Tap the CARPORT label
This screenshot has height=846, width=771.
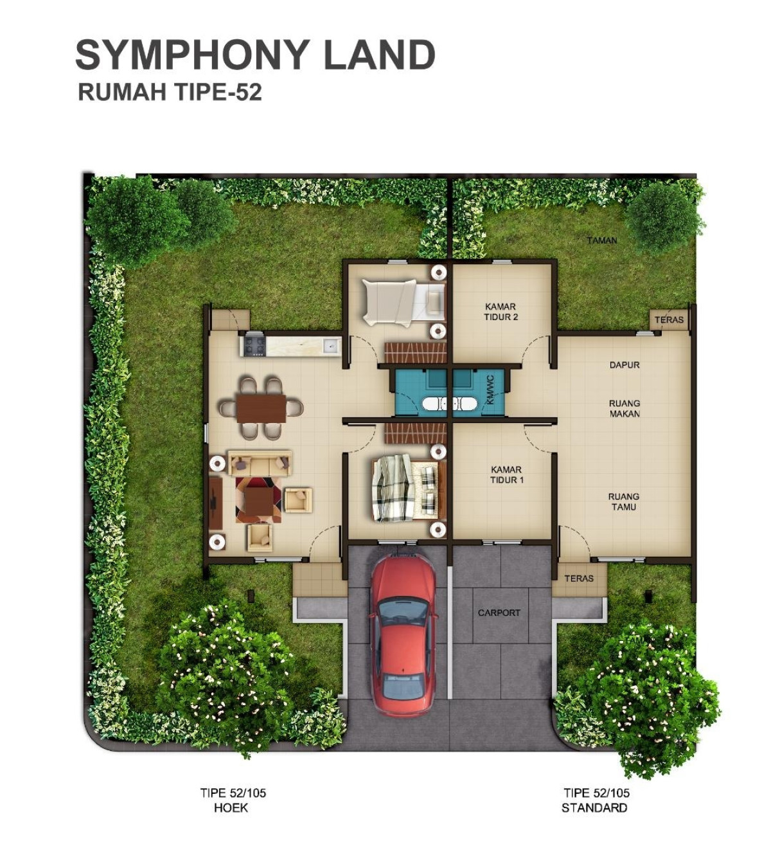click(499, 613)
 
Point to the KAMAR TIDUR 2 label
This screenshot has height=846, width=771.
click(501, 312)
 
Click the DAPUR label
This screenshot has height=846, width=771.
click(625, 364)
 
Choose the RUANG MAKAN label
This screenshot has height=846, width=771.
click(625, 409)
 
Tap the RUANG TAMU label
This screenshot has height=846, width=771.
click(624, 502)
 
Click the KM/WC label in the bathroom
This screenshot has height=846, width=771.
click(490, 390)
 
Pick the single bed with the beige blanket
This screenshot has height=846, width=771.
click(403, 303)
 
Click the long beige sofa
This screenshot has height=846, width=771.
click(259, 463)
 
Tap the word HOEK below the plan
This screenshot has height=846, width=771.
click(231, 807)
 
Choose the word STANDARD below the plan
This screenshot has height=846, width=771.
click(594, 807)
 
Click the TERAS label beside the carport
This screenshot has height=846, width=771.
click(579, 578)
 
